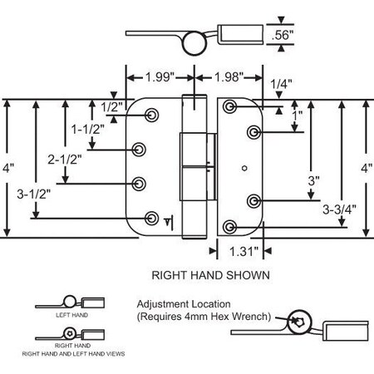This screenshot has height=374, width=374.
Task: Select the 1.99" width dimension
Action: click(x=158, y=77)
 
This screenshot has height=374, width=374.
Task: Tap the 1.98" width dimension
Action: click(x=227, y=77)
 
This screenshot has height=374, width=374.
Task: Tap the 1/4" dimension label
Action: click(x=280, y=83)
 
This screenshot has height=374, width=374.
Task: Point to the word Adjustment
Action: click(x=163, y=303)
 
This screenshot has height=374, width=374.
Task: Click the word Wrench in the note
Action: click(x=246, y=317)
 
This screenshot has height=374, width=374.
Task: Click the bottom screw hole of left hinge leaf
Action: click(x=151, y=218)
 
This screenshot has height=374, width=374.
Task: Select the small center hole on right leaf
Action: click(x=244, y=169)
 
